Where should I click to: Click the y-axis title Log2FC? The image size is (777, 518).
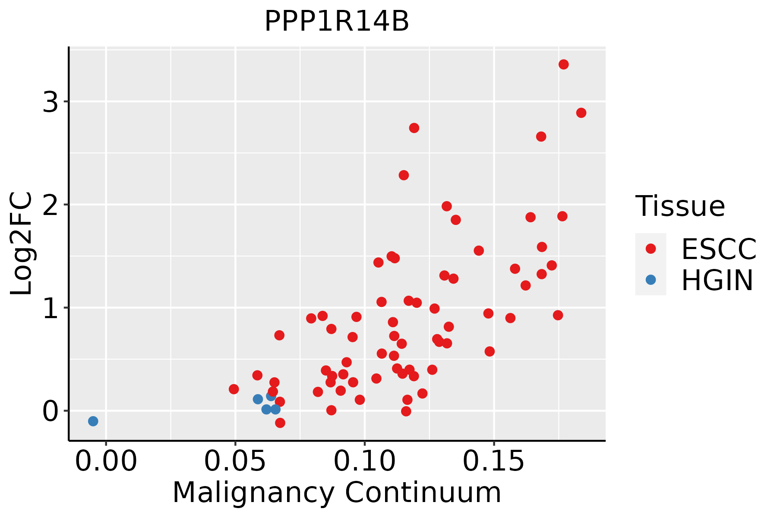[x=22, y=244]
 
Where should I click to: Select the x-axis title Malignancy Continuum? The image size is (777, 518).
[x=337, y=493]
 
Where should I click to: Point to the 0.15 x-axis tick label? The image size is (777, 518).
[x=494, y=461]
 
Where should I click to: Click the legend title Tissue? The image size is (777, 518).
[x=680, y=206]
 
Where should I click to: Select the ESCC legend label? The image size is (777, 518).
[x=719, y=249]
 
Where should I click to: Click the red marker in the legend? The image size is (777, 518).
[x=651, y=249]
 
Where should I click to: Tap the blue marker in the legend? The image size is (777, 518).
[x=651, y=280]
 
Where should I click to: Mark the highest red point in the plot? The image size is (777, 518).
[x=563, y=64]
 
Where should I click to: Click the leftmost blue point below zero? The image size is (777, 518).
[x=93, y=421]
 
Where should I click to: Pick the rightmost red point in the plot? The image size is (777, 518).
[x=581, y=113]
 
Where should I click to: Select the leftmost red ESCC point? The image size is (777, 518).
[x=234, y=389]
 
